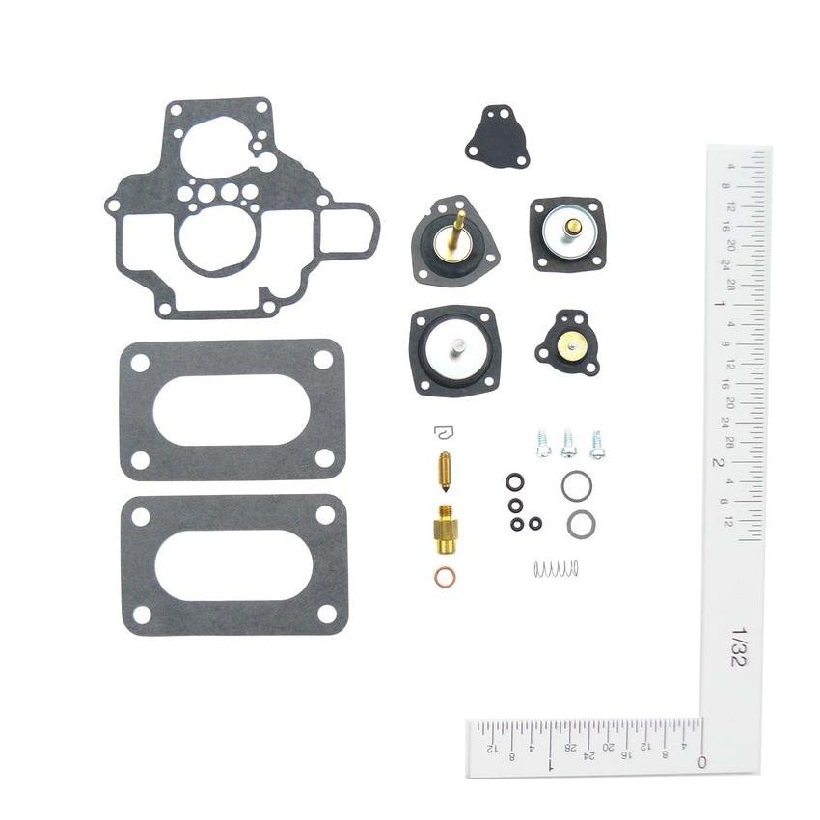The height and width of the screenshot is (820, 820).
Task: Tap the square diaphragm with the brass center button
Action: point(566,234)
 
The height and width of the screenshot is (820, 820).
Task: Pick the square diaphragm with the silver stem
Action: point(452,350)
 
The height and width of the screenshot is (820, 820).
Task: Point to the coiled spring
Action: point(557,569)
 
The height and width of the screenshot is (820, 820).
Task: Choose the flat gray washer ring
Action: point(581,524)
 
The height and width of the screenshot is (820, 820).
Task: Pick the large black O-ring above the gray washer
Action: point(577,485)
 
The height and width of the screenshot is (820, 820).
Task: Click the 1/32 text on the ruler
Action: point(740,648)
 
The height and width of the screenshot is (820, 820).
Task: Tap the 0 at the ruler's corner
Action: point(701,762)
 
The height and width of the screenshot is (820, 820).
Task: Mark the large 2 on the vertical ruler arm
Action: point(719,462)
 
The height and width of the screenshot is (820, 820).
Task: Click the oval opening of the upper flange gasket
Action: point(232,410)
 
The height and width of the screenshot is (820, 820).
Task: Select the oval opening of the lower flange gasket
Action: point(235,564)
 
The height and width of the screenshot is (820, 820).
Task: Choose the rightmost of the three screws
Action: point(597,444)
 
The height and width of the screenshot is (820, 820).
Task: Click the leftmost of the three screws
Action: point(543,443)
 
